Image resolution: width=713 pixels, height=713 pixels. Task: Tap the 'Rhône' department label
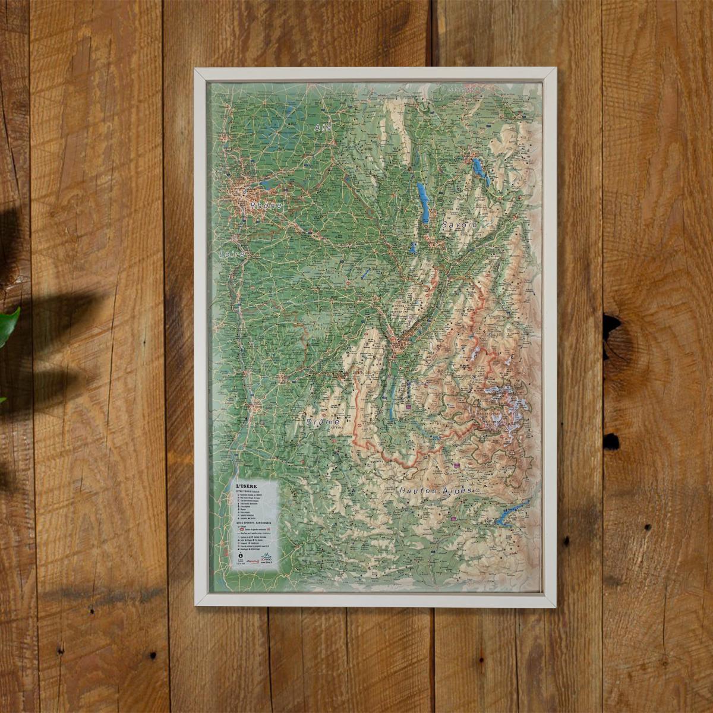(266, 206)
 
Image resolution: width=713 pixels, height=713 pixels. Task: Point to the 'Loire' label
(232, 254)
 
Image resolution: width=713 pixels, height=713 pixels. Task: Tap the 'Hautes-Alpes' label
(436, 491)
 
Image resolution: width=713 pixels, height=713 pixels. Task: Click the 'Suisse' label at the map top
(463, 89)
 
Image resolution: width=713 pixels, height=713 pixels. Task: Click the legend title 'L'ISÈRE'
(247, 485)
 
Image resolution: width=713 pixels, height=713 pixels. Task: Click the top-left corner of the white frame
(197, 70)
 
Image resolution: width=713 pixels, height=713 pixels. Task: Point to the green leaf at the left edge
(8, 324)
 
